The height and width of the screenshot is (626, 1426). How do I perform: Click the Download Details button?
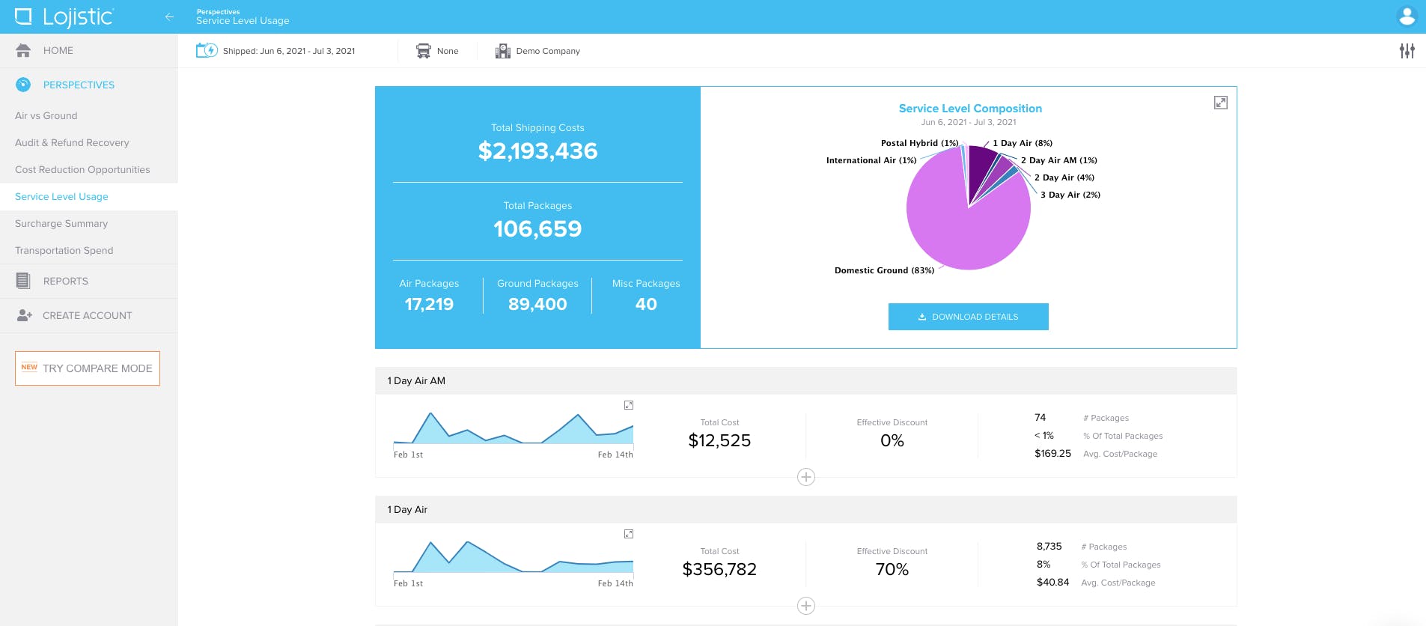coord(968,317)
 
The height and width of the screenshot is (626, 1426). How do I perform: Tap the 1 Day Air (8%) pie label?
coord(1023,143)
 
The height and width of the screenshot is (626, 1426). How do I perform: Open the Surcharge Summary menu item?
coord(61,223)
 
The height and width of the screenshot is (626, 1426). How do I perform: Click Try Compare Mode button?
coord(88,368)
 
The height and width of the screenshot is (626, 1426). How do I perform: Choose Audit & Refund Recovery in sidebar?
coord(72,142)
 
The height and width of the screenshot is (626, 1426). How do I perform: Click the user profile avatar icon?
coord(1407,16)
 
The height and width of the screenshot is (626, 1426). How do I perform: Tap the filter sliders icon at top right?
coord(1407,51)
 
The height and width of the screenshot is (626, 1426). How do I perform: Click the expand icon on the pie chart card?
coord(1220,103)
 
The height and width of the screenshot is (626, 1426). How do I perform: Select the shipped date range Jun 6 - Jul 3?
coord(275,51)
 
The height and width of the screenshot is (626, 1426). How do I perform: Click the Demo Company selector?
coord(537,51)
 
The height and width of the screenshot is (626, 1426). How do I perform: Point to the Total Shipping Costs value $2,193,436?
coord(537,151)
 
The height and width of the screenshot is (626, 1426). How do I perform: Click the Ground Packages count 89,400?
coord(537,304)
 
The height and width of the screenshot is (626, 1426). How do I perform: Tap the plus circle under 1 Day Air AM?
coord(806,477)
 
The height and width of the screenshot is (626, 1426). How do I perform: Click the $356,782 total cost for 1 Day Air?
coord(719,569)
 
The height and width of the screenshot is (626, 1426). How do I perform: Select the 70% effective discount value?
coord(892,569)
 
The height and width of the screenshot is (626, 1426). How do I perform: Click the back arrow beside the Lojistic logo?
coord(169,16)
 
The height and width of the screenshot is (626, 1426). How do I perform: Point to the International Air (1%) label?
coord(871,160)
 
